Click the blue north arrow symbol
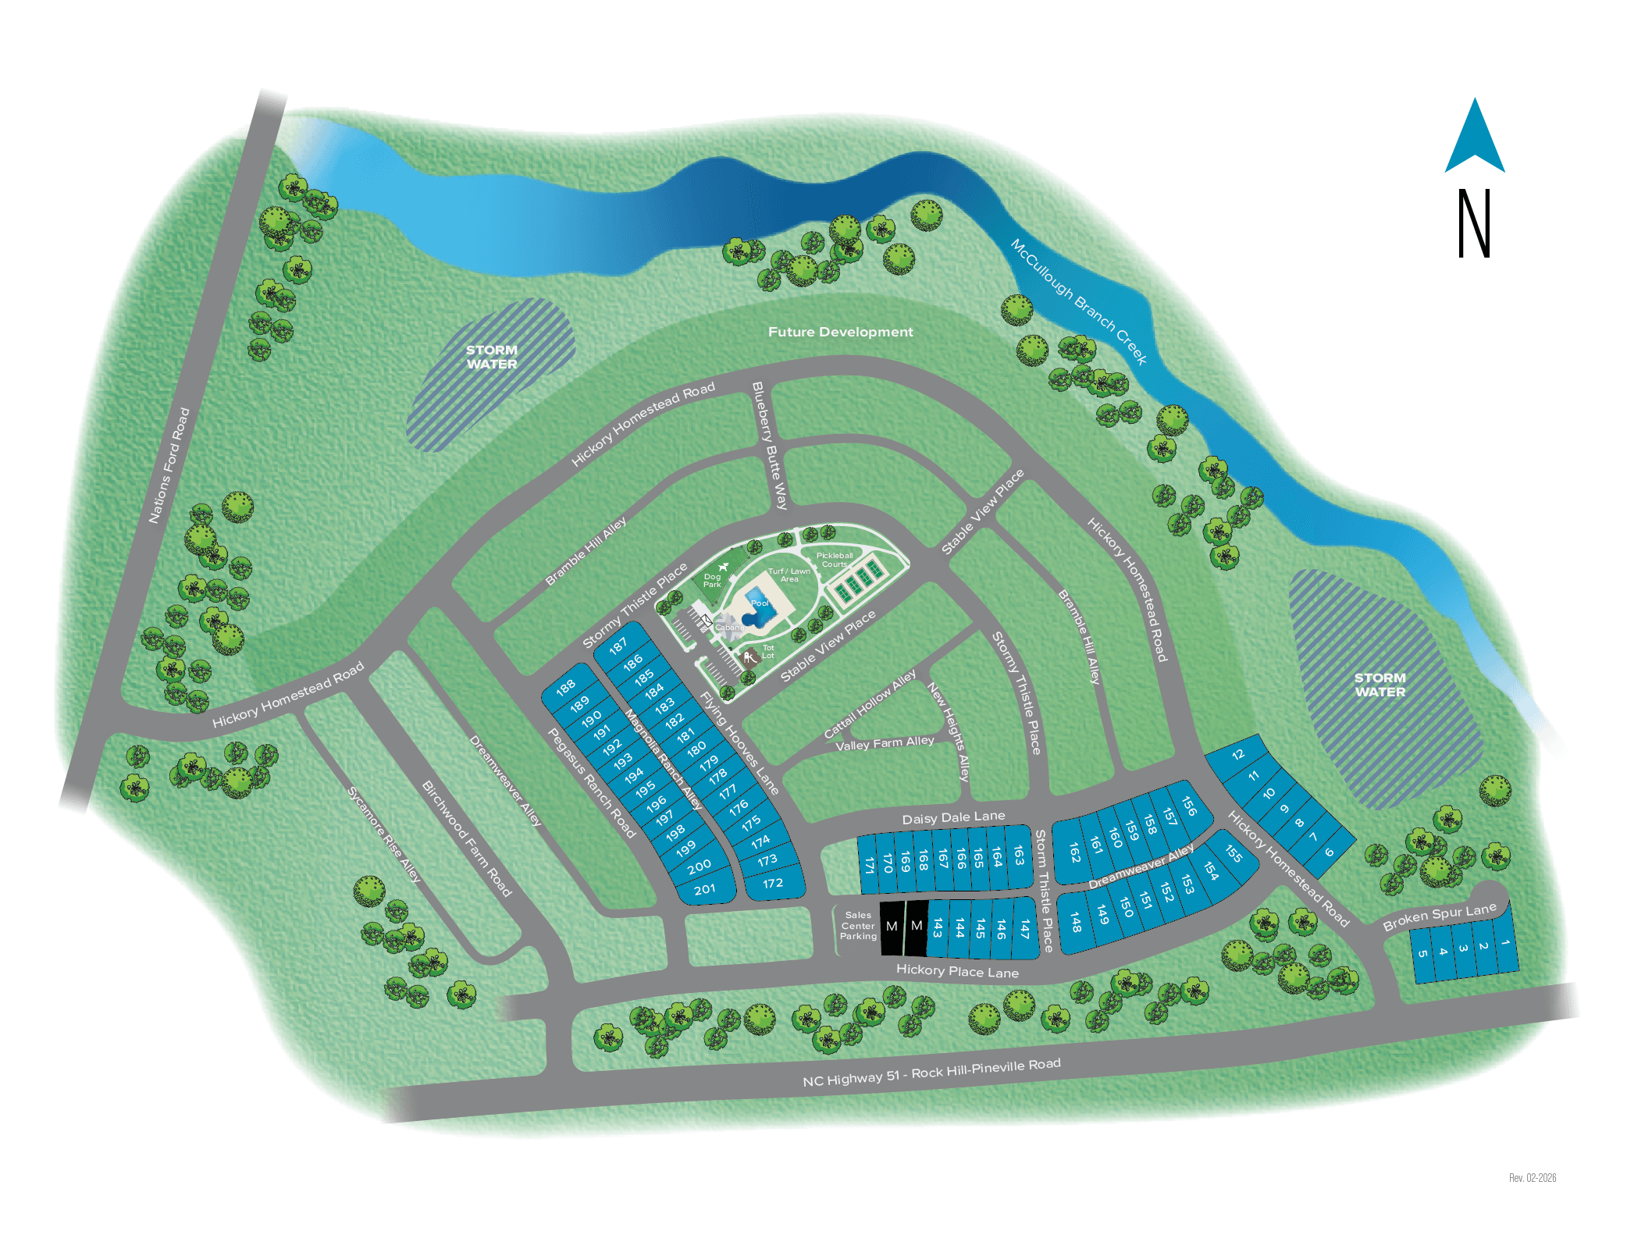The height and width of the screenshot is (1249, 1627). click(x=1474, y=139)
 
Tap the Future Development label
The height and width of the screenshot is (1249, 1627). click(x=840, y=332)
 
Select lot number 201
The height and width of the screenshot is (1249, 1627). click(x=704, y=889)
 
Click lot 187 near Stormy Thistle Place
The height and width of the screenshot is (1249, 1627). click(x=618, y=646)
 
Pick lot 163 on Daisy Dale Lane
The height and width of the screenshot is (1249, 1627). click(x=1019, y=856)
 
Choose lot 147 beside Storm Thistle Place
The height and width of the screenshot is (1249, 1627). click(x=1024, y=928)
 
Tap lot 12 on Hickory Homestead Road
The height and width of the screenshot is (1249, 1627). click(x=1238, y=754)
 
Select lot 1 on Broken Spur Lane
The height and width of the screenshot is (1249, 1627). click(x=1504, y=943)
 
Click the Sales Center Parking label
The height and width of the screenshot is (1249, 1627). click(x=858, y=926)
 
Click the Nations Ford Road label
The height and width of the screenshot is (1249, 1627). click(x=169, y=465)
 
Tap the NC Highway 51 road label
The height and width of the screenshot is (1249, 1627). click(x=931, y=1072)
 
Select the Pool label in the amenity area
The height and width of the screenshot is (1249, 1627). click(x=760, y=603)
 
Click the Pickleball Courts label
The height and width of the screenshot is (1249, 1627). click(x=834, y=560)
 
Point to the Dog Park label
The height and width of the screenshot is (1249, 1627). click(x=712, y=581)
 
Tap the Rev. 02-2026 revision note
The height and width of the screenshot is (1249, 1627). click(x=1532, y=1177)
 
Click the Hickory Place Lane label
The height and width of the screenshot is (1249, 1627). click(x=957, y=971)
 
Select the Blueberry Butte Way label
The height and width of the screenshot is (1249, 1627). click(x=770, y=445)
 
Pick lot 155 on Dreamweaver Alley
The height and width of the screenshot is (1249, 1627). click(x=1234, y=853)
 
